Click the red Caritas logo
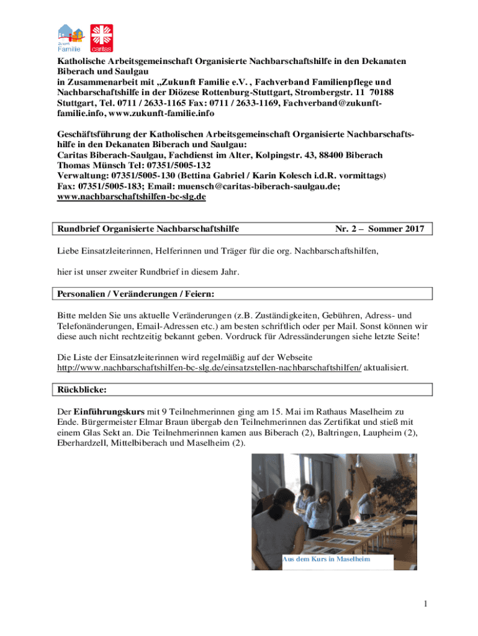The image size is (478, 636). pyautogui.click(x=102, y=38)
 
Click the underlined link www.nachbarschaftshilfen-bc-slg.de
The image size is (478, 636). pyautogui.click(x=131, y=197)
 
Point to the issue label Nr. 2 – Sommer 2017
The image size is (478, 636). pyautogui.click(x=379, y=229)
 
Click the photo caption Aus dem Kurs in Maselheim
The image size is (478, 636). pyautogui.click(x=327, y=559)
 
